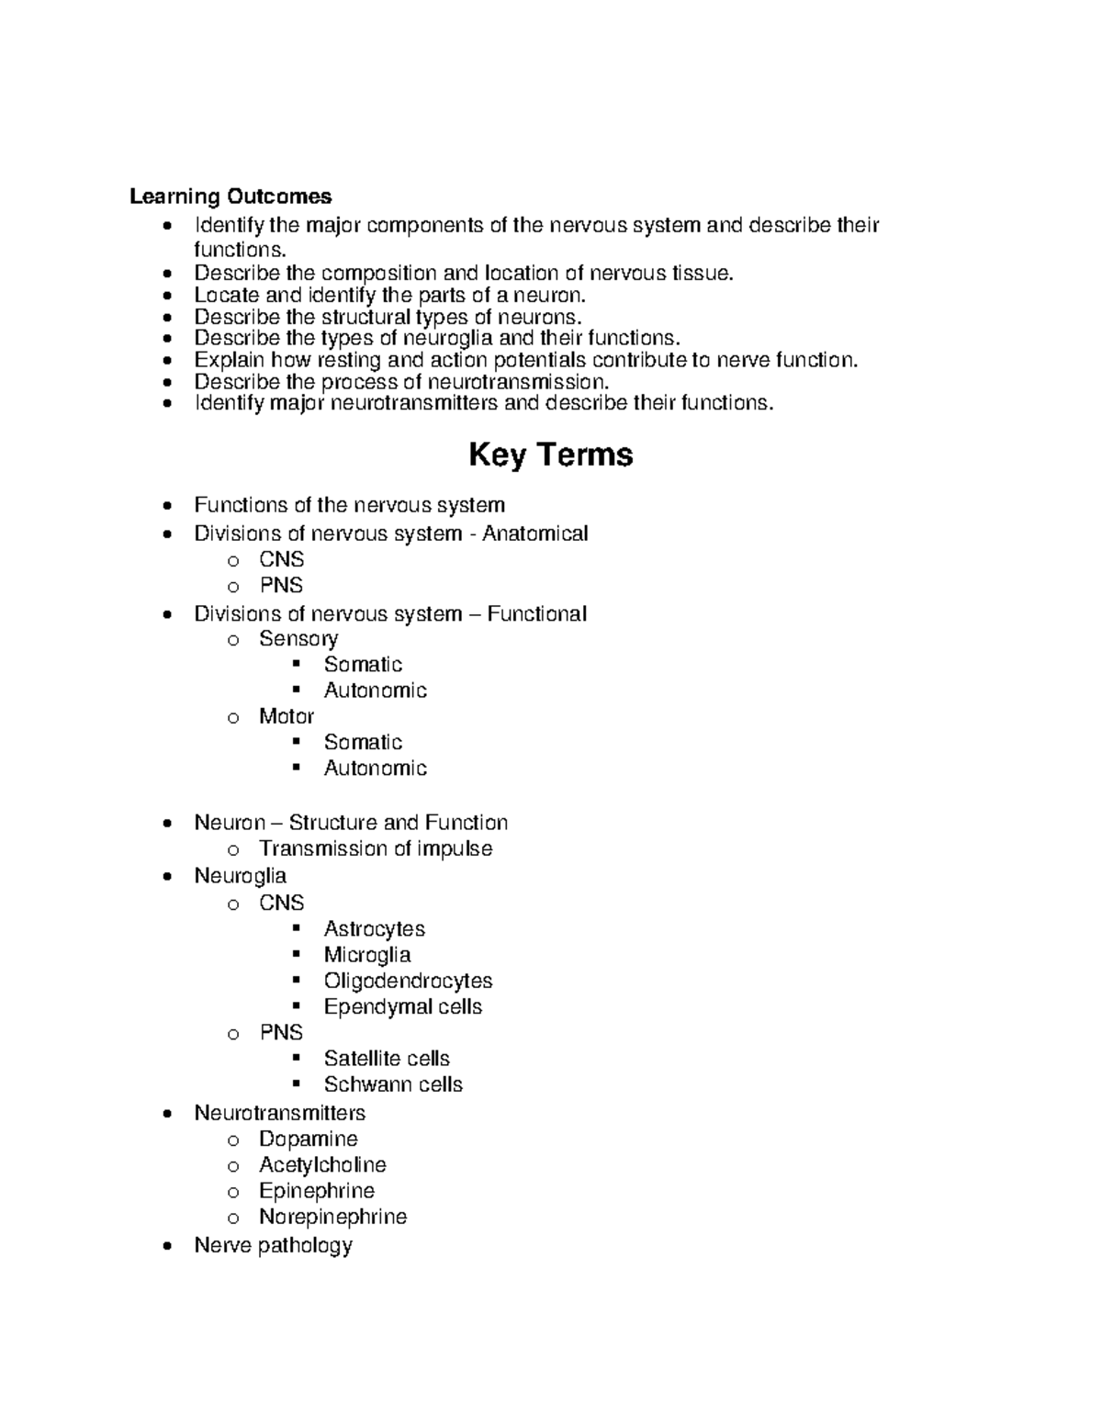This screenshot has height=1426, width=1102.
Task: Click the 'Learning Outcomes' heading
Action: [x=231, y=196]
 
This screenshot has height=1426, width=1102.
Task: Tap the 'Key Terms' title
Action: [x=550, y=455]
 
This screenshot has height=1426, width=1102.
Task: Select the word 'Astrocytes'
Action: [x=374, y=928]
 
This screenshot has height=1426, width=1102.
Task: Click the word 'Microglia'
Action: [x=366, y=954]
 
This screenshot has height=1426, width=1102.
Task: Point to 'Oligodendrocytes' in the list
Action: [x=408, y=981]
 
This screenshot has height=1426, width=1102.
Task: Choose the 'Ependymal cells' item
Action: [x=402, y=1006]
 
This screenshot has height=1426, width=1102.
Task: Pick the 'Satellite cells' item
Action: [x=387, y=1058]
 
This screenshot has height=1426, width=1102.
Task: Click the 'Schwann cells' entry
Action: [x=393, y=1084]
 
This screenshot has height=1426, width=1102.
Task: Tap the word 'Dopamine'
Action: [x=308, y=1139]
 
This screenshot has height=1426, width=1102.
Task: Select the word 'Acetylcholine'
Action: [x=322, y=1164]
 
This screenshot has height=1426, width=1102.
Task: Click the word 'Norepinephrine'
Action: [x=332, y=1217]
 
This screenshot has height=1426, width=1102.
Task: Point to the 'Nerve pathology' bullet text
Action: [x=273, y=1245]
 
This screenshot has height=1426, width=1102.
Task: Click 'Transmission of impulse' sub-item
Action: [x=375, y=848]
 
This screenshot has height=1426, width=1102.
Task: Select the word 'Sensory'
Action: [x=298, y=638]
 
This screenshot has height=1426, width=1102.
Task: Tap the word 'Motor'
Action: [x=286, y=716]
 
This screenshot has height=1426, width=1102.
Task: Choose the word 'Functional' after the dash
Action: [x=536, y=613]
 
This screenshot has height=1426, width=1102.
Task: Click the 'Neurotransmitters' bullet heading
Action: [x=279, y=1113]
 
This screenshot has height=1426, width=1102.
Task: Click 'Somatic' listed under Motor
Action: [x=363, y=742]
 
